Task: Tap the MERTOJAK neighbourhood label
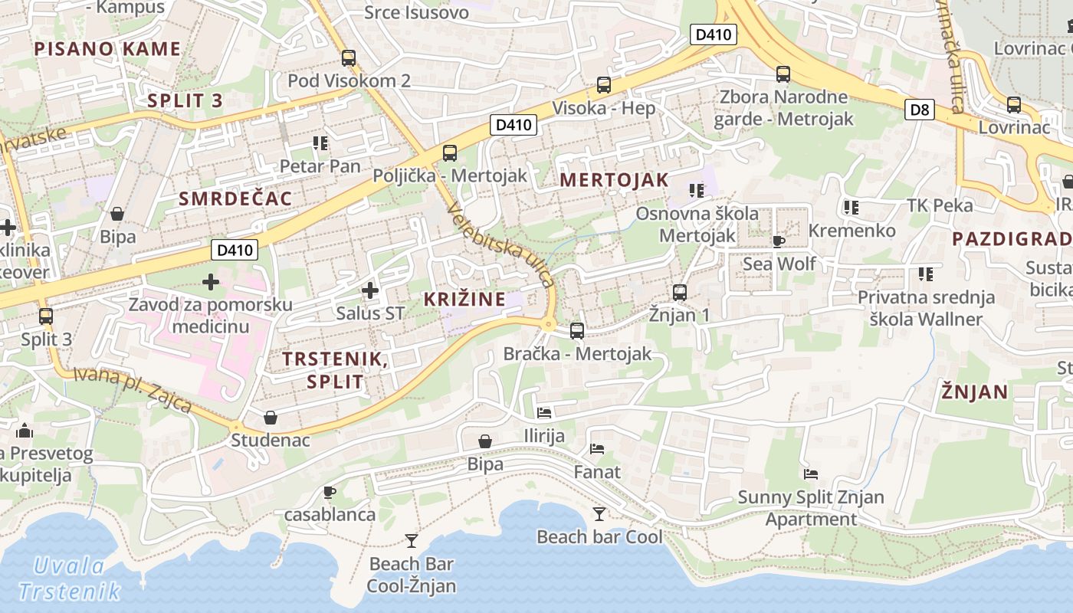614,180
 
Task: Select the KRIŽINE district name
464,299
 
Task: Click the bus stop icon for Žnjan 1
679,292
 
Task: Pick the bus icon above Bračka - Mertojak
577,331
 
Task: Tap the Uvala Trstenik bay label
69,579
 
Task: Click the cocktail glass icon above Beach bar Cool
599,513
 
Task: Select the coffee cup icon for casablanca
330,491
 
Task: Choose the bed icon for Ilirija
544,413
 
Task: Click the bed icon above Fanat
597,448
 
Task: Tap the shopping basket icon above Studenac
271,418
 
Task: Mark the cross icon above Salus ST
369,290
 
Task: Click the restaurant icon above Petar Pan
320,143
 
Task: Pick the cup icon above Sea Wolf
779,241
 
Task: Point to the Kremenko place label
852,231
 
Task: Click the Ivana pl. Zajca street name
133,390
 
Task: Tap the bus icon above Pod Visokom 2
349,57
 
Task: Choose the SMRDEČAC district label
235,199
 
